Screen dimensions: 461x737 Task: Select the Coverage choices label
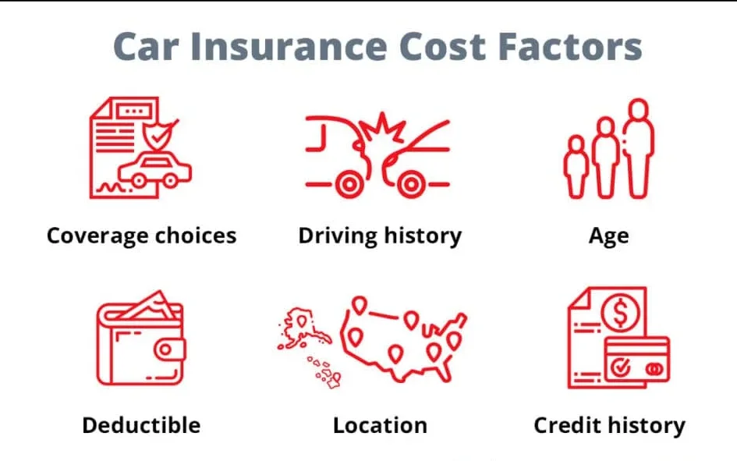(141, 235)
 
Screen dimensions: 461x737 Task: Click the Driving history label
(380, 235)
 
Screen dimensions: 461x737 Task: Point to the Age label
(608, 236)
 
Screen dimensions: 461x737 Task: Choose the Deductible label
(141, 425)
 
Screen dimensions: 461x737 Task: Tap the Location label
(380, 425)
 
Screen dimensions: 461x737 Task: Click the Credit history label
(609, 425)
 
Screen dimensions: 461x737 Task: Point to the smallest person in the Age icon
(576, 166)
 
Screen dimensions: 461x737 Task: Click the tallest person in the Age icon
(640, 148)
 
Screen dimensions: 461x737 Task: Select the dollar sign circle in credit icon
(622, 315)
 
